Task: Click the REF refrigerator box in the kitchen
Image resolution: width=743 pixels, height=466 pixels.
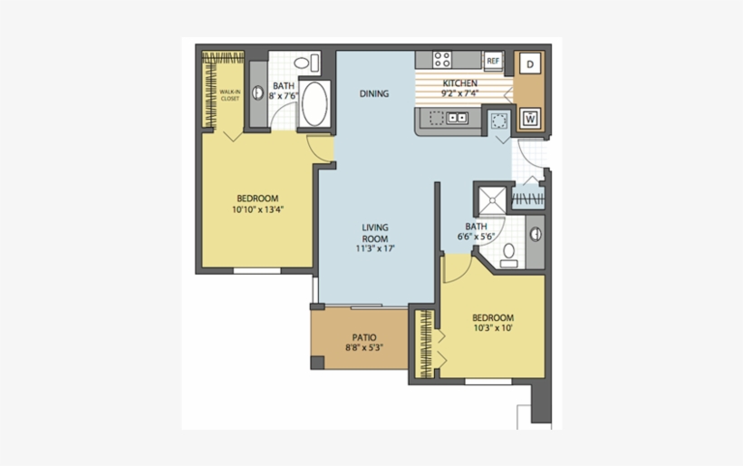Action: tap(493, 61)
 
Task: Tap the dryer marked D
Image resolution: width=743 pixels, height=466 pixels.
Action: tap(531, 63)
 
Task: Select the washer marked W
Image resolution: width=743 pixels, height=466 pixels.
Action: tap(531, 118)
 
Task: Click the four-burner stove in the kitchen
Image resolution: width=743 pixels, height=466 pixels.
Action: tap(442, 61)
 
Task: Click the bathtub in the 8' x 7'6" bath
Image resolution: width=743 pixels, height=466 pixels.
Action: tap(314, 105)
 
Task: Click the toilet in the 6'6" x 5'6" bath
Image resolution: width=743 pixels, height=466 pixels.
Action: tap(509, 253)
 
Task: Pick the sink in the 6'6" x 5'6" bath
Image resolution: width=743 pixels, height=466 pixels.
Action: tap(536, 234)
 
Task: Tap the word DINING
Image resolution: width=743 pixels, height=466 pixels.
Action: tap(374, 93)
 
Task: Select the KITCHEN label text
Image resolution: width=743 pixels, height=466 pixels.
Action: tap(459, 83)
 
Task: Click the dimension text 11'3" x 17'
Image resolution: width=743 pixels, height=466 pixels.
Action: tap(375, 248)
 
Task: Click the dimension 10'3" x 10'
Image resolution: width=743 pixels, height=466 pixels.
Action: tap(493, 328)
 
